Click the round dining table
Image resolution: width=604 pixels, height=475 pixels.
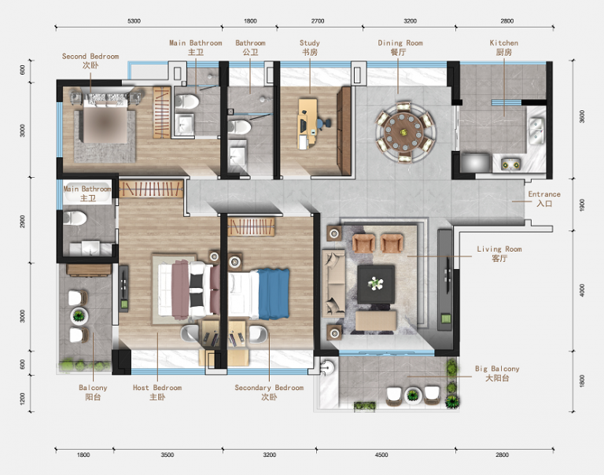[x=404, y=132]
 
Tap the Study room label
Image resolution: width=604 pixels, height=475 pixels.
[x=310, y=47]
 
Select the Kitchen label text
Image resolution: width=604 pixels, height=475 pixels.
[x=504, y=47]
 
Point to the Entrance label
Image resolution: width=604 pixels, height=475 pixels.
[x=544, y=198]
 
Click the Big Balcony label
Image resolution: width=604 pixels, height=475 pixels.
[x=497, y=374]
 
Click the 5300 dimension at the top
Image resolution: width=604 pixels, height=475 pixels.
[x=134, y=20]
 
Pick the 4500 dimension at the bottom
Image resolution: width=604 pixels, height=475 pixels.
[x=381, y=455]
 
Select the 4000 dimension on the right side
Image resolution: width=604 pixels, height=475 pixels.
[x=582, y=290]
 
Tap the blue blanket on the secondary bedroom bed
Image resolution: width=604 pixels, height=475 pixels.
[x=274, y=294]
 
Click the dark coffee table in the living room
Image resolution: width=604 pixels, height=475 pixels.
[x=376, y=285]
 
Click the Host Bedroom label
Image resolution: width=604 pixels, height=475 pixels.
[x=157, y=392]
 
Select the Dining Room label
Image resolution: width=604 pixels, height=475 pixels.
[x=400, y=47]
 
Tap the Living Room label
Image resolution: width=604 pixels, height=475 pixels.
[x=499, y=253]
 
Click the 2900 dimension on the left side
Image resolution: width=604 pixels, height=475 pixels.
[x=22, y=222]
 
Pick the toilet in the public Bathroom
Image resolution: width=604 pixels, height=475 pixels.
[x=239, y=127]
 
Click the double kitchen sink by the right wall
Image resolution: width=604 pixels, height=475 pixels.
[x=536, y=131]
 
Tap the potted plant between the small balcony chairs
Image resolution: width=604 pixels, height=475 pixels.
[x=79, y=316]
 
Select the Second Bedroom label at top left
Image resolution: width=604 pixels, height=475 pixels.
[x=90, y=61]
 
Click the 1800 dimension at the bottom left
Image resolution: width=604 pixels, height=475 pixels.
[x=83, y=455]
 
